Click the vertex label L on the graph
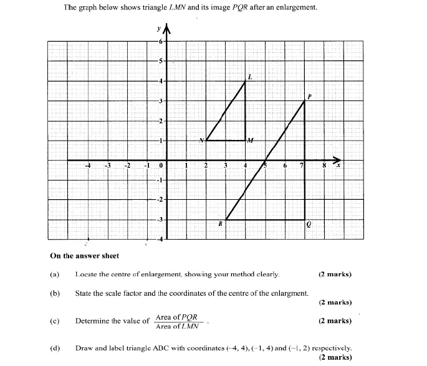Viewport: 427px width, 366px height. [251, 77]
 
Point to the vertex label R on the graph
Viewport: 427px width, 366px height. [220, 223]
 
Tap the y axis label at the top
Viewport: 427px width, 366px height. [160, 29]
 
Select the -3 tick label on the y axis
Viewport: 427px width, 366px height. [159, 220]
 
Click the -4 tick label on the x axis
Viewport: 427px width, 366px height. [88, 166]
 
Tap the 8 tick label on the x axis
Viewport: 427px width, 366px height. [324, 166]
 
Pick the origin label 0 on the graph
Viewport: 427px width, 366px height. [160, 166]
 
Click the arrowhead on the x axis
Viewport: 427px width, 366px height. [337, 159]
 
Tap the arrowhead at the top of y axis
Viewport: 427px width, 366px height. [166, 29]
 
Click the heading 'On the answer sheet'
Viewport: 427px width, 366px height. [84, 255]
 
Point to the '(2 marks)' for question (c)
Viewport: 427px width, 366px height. [335, 321]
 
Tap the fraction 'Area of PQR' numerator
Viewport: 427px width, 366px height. [176, 317]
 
